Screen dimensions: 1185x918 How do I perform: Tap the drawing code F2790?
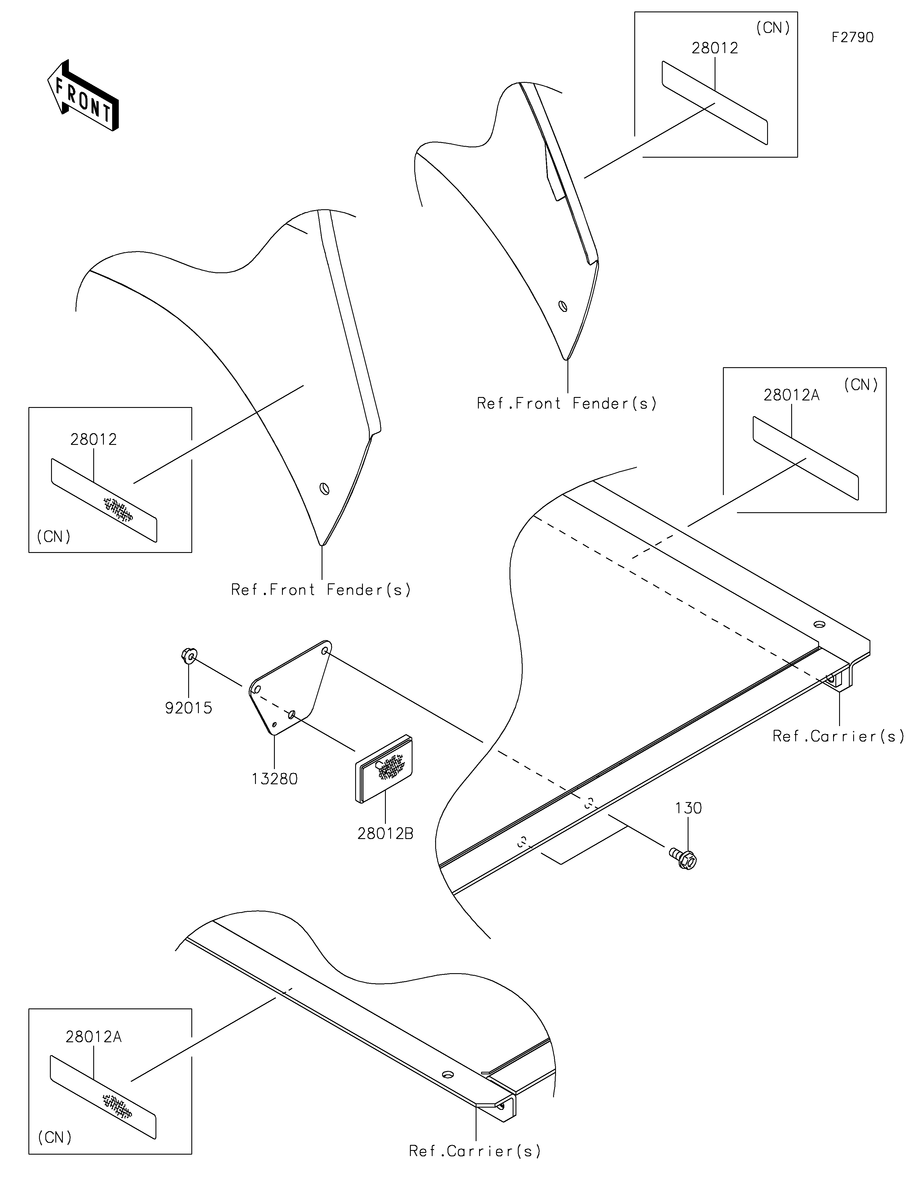[x=852, y=38]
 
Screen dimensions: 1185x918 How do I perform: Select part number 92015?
[x=188, y=708]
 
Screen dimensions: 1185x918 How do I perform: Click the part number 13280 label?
[x=275, y=779]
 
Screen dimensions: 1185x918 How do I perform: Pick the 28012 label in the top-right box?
[x=714, y=48]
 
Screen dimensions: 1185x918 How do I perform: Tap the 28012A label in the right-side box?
[x=791, y=396]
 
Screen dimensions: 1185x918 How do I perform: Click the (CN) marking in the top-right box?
[x=773, y=28]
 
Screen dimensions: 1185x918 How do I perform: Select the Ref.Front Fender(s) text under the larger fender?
[x=321, y=590]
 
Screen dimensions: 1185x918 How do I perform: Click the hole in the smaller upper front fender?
[x=563, y=306]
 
